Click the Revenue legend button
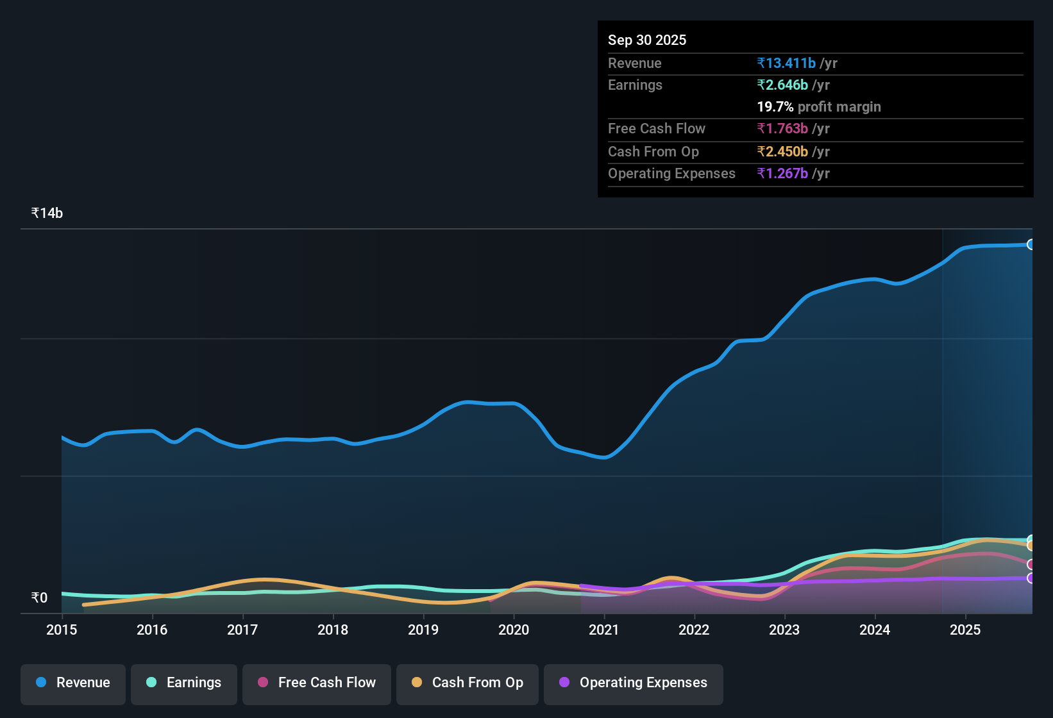(73, 683)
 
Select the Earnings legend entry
(184, 683)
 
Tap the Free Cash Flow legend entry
(317, 683)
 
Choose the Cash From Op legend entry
(468, 683)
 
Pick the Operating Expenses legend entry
(634, 683)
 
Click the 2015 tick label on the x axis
(62, 630)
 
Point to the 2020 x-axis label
(514, 630)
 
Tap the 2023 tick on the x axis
(784, 630)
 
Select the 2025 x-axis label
(965, 630)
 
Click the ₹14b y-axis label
(47, 213)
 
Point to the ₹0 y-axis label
(40, 597)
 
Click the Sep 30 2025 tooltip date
(647, 40)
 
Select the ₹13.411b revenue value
(786, 63)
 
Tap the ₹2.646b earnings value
(782, 85)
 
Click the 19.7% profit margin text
(819, 107)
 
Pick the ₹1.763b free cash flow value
(782, 129)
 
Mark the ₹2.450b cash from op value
(782, 152)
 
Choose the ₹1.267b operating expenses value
(782, 174)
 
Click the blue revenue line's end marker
(1031, 244)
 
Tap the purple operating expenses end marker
(1031, 578)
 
